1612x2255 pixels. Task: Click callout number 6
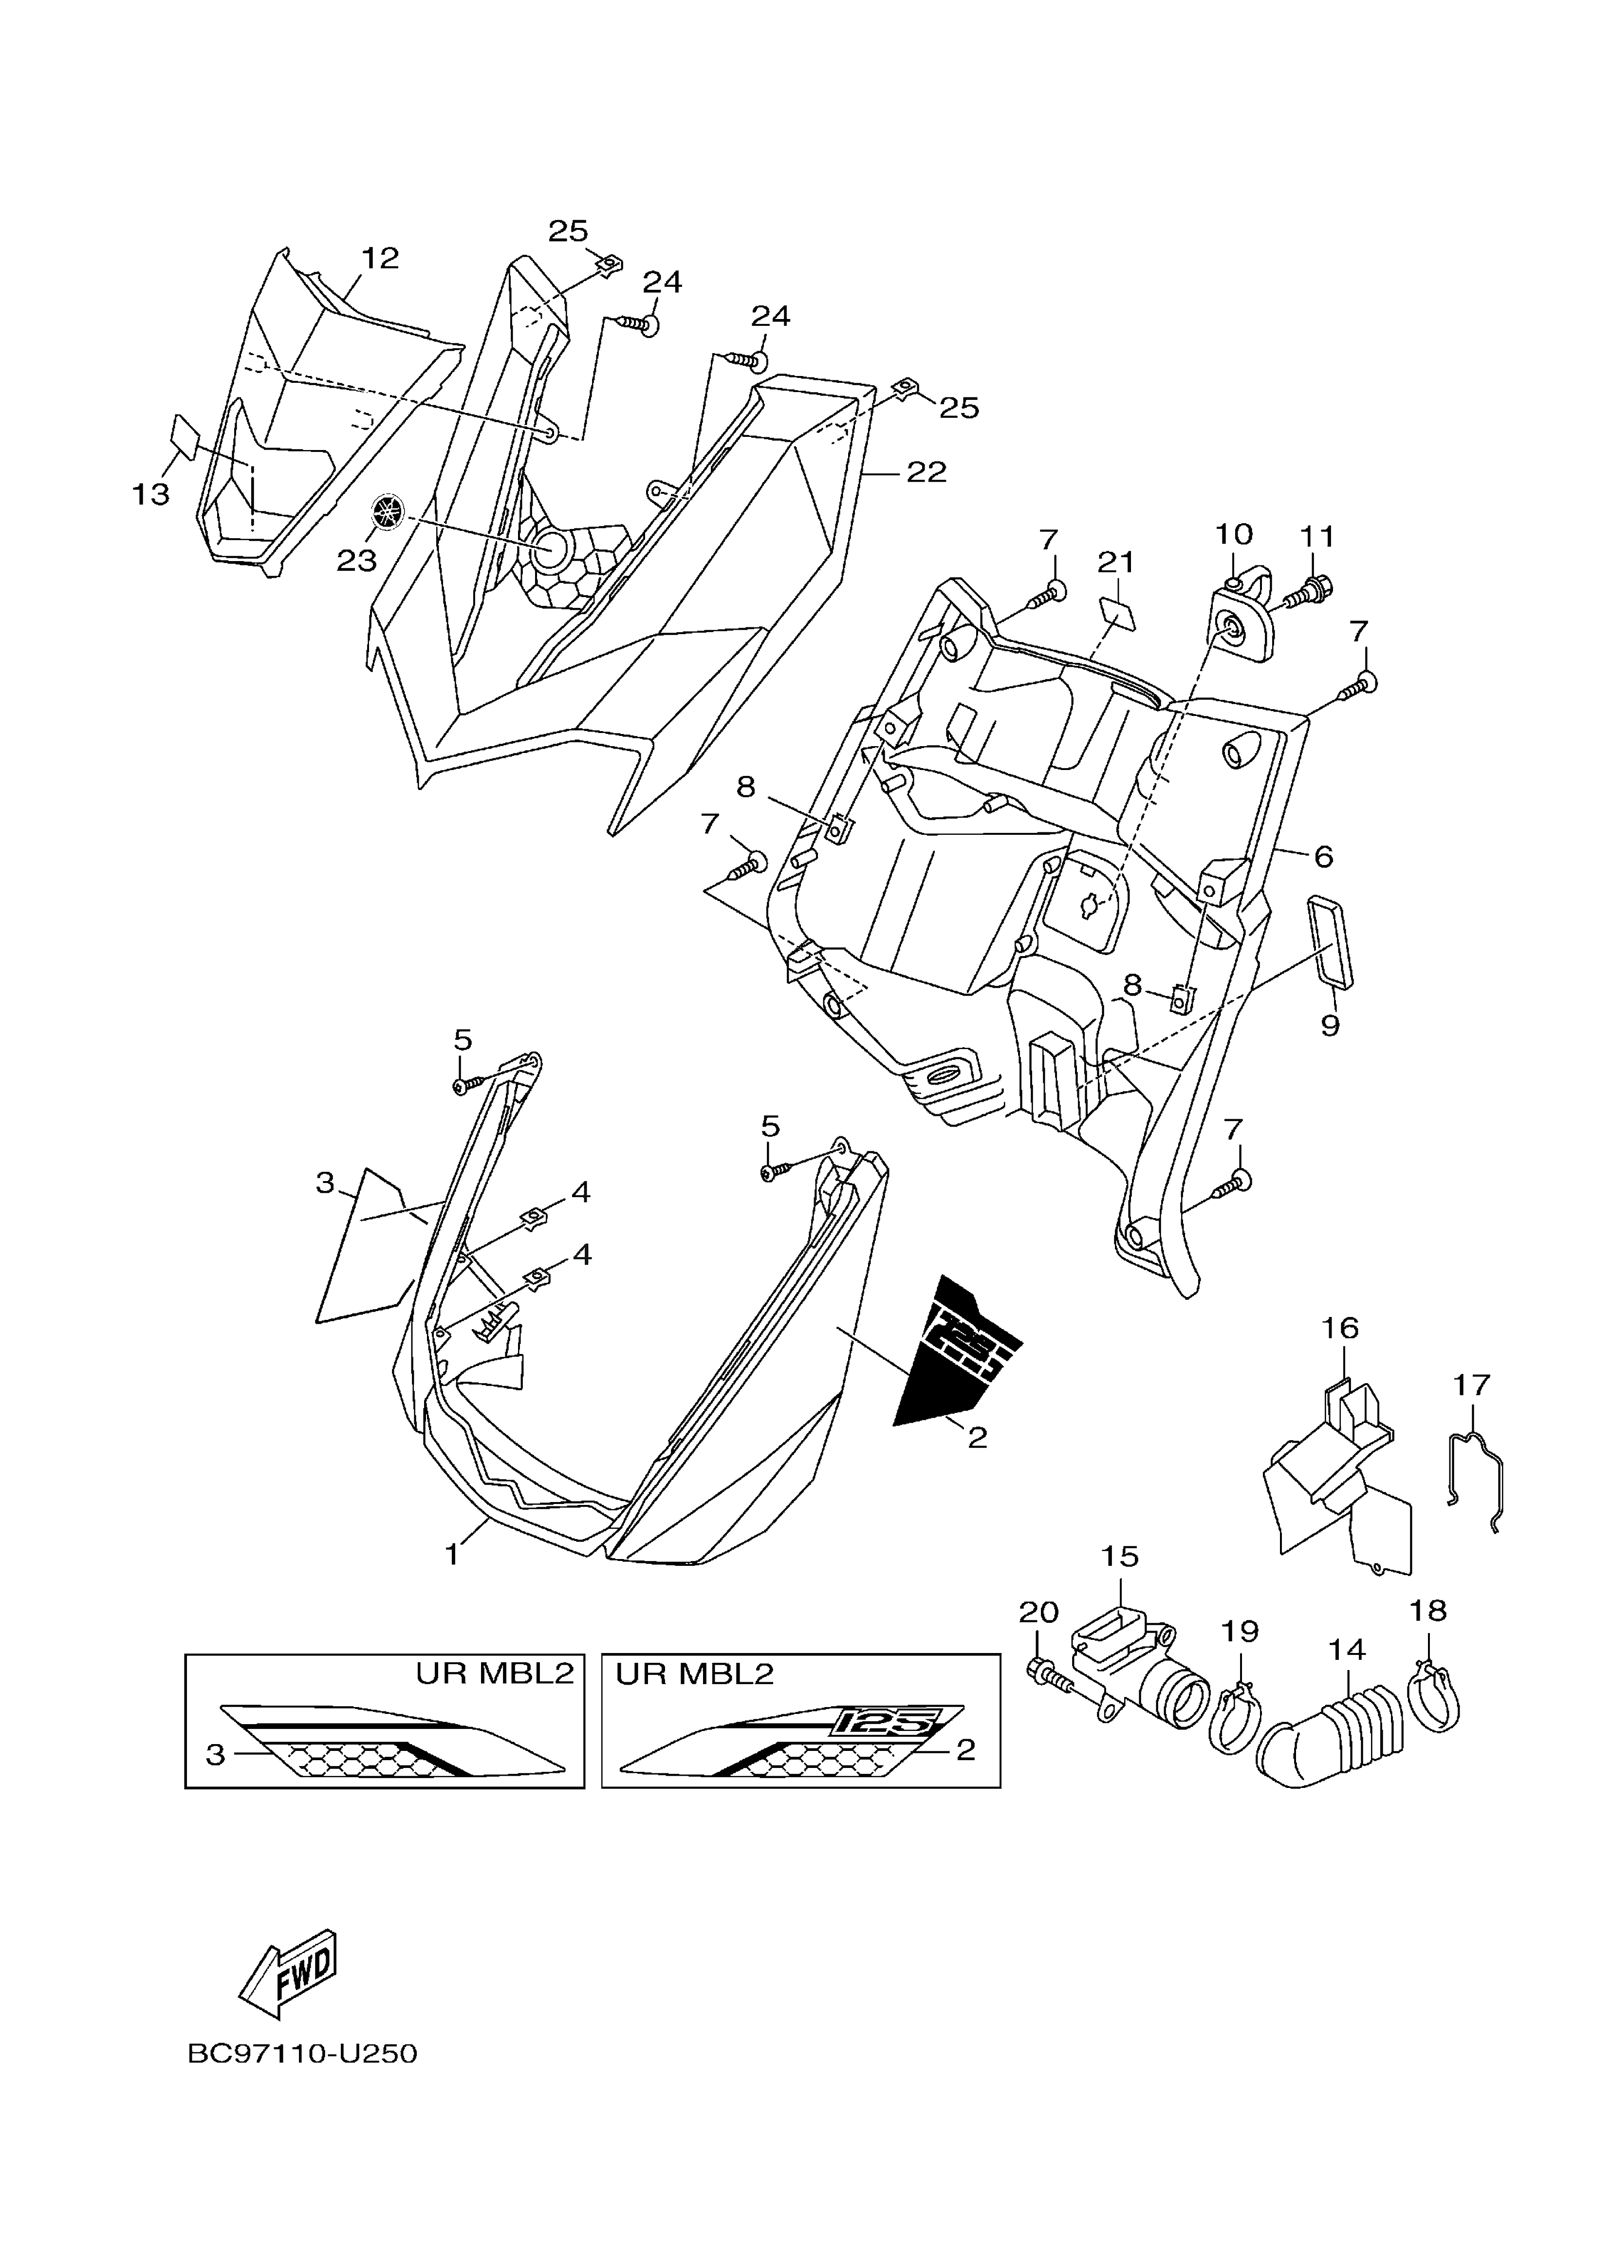point(1323,856)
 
